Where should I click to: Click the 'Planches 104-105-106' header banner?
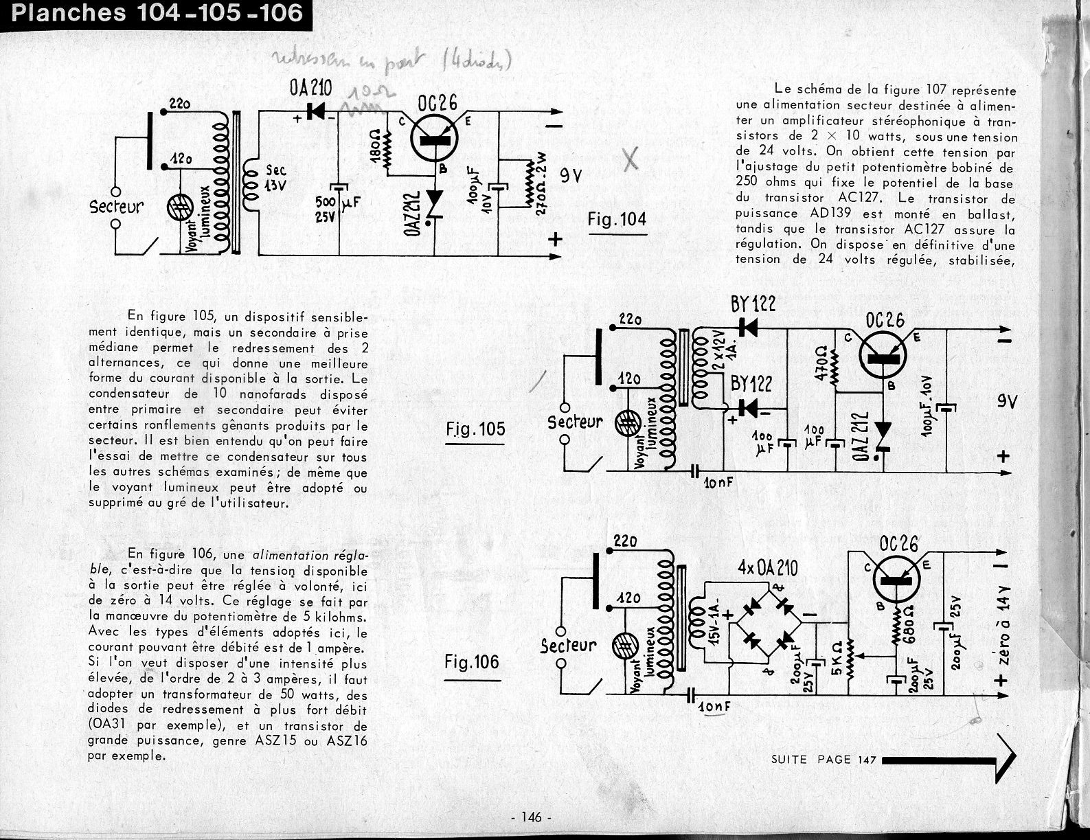(x=157, y=12)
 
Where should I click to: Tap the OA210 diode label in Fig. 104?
(x=311, y=88)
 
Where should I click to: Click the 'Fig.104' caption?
(x=617, y=220)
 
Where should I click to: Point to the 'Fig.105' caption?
(x=474, y=429)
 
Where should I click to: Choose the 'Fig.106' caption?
(x=471, y=663)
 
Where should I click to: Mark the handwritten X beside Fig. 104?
(x=630, y=159)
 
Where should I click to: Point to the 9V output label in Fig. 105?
(x=1008, y=400)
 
